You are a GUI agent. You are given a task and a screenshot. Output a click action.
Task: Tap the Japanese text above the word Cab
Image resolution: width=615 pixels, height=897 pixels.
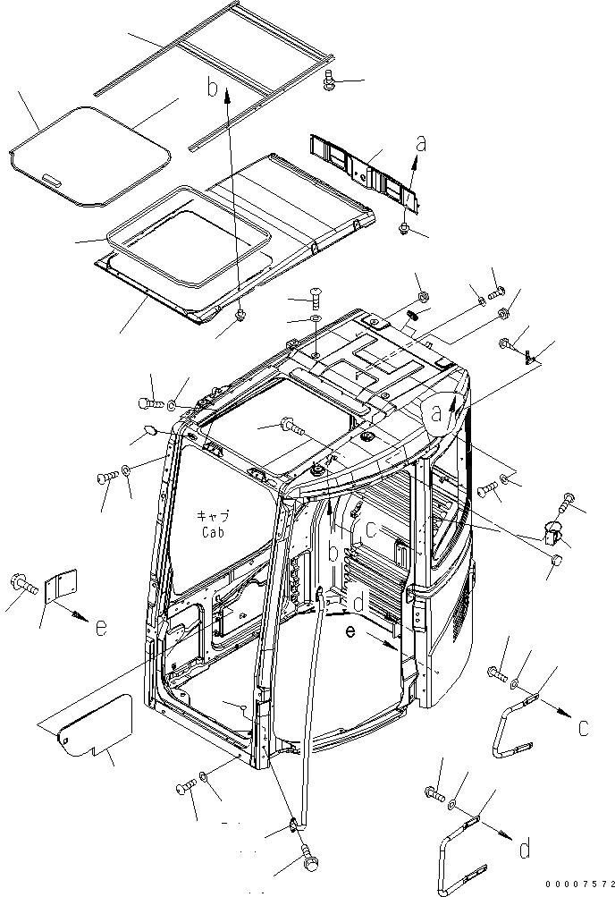click(x=213, y=517)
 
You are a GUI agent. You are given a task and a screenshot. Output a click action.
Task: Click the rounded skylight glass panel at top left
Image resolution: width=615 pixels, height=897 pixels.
click(x=89, y=154)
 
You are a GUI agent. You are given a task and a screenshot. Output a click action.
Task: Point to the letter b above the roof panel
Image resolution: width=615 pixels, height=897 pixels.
click(x=213, y=87)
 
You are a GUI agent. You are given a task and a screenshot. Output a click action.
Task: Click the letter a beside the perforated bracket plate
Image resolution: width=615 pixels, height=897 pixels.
click(x=420, y=143)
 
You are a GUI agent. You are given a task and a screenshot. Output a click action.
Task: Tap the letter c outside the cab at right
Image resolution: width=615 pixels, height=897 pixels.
click(x=583, y=727)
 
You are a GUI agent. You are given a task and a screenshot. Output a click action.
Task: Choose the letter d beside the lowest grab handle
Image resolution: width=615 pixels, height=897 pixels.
click(x=534, y=846)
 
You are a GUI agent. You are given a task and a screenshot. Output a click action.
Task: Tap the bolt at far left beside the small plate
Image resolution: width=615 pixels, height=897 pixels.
click(x=22, y=585)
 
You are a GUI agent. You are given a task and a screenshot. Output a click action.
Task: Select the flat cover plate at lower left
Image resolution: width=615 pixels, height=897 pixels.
click(x=94, y=726)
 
